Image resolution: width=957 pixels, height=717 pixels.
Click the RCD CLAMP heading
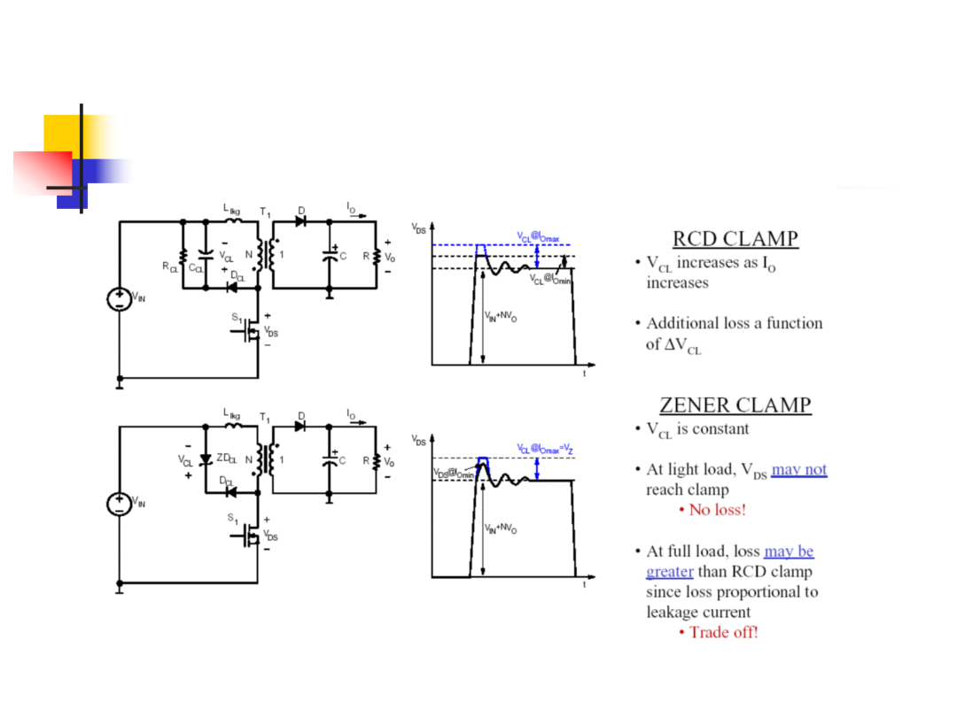tap(735, 238)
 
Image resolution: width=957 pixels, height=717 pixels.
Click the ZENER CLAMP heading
tap(735, 405)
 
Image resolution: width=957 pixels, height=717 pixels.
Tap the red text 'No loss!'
tap(717, 510)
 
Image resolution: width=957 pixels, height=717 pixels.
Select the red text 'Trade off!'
tap(723, 632)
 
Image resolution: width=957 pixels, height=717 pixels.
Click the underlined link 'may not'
tap(799, 469)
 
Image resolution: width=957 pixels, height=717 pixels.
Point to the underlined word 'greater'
tap(670, 572)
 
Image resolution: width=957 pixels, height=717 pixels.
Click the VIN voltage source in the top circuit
tap(120, 299)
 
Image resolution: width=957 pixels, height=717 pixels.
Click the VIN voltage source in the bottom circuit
tap(120, 505)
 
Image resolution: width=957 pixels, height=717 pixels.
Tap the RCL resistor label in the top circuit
tap(169, 267)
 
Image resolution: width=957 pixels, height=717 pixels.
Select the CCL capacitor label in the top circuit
tap(196, 268)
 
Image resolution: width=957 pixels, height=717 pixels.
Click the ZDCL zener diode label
tap(227, 458)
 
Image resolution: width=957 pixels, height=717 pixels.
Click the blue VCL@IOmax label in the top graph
tap(539, 236)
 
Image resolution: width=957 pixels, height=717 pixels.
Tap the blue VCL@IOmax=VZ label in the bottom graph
tap(545, 450)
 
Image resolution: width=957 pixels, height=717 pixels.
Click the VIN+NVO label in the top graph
tap(501, 316)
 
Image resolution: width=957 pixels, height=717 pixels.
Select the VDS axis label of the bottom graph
tap(418, 440)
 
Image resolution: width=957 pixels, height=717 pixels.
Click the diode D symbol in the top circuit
tap(300, 222)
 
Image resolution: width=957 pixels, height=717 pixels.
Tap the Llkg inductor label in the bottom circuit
tap(231, 414)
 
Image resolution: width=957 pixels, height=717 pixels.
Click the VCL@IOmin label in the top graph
tap(550, 279)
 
